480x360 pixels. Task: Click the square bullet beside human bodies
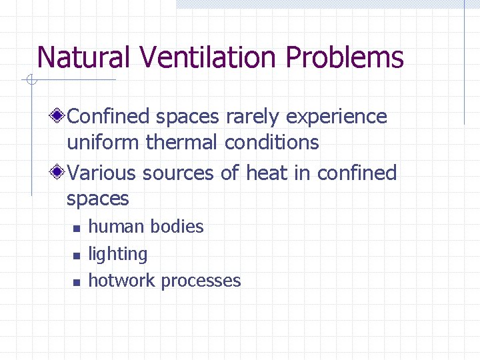tap(76, 229)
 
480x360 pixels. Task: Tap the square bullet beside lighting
tap(76, 255)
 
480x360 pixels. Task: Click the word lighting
tap(118, 254)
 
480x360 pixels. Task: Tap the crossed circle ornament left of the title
tap(31, 81)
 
